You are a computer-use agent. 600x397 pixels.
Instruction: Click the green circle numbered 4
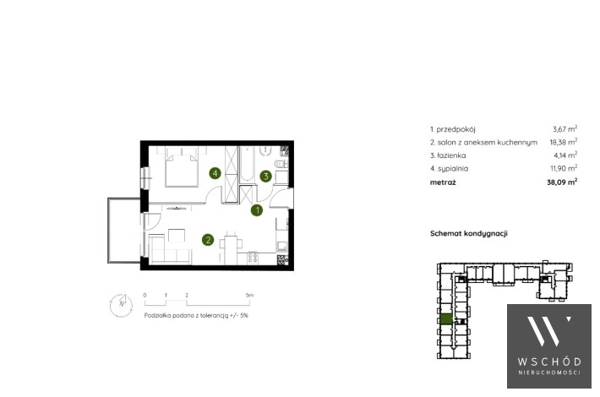215,174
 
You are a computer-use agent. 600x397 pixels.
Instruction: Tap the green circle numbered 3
265,177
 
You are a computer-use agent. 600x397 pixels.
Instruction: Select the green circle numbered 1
257,210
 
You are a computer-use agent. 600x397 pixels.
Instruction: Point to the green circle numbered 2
208,240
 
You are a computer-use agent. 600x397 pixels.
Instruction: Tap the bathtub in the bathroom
247,164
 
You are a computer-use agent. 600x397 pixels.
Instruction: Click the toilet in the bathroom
281,164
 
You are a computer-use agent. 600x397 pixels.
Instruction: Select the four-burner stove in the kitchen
252,258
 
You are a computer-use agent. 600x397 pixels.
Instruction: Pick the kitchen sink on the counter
282,246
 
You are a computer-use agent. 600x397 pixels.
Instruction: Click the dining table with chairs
231,247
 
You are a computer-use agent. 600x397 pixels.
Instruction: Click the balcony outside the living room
124,231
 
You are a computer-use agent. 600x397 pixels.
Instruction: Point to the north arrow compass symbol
121,305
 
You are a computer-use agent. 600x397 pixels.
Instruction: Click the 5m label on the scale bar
249,296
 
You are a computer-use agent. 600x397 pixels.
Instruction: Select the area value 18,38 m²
564,142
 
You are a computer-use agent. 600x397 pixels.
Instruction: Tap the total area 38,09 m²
562,182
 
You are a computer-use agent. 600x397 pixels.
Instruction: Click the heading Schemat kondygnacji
469,233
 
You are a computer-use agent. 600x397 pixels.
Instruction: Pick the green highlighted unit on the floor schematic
446,319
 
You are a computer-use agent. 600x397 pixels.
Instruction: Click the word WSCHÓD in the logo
549,362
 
